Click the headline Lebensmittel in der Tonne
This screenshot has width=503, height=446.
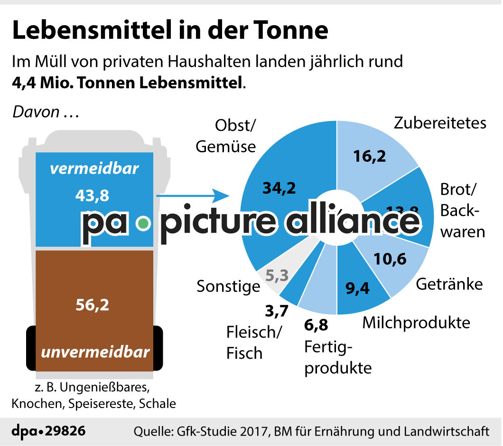click(170, 30)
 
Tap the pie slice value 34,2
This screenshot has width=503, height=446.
click(279, 188)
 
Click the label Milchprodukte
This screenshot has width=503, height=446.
click(416, 322)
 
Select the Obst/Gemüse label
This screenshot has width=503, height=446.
click(226, 136)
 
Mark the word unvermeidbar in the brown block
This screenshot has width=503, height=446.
click(95, 352)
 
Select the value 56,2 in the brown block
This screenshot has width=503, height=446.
click(93, 304)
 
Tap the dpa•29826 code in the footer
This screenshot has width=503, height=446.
click(48, 431)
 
